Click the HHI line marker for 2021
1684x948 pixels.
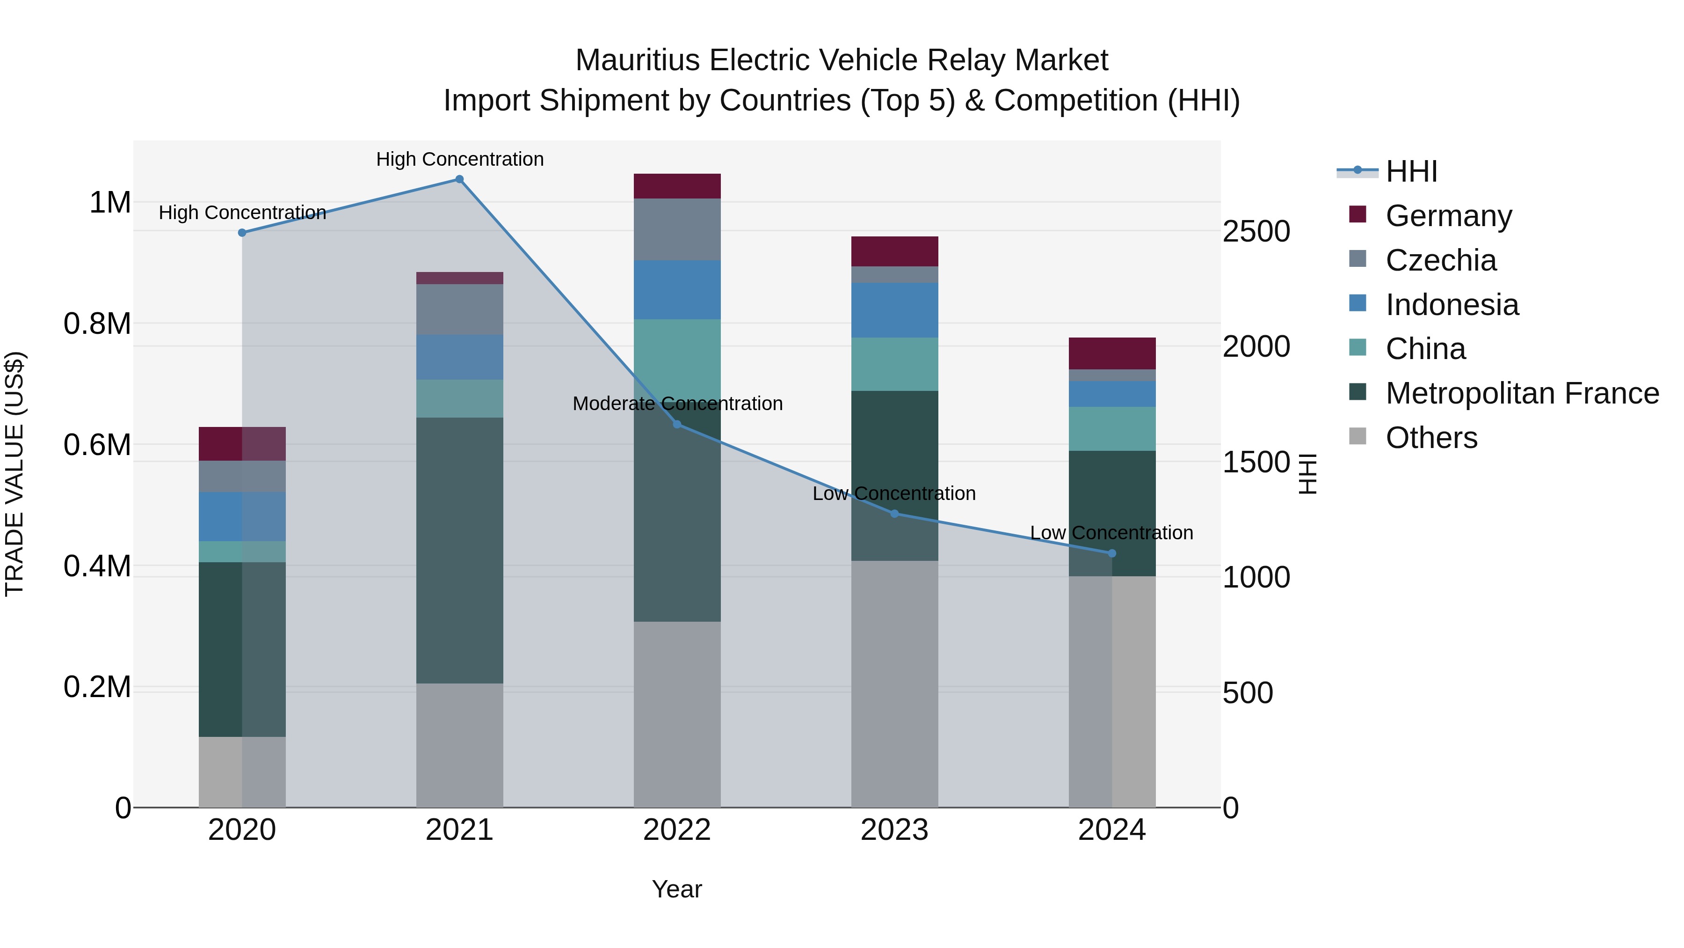459,179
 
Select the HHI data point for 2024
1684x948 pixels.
1112,553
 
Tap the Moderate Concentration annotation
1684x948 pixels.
677,404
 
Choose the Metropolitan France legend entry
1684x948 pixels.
1522,393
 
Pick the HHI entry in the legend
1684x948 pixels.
1411,171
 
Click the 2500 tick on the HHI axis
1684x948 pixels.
1256,232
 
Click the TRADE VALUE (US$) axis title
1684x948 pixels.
15,474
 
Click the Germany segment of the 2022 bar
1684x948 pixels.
677,186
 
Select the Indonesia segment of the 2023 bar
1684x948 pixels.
894,310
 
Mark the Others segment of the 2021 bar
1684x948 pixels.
459,745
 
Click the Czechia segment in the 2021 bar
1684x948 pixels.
459,309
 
